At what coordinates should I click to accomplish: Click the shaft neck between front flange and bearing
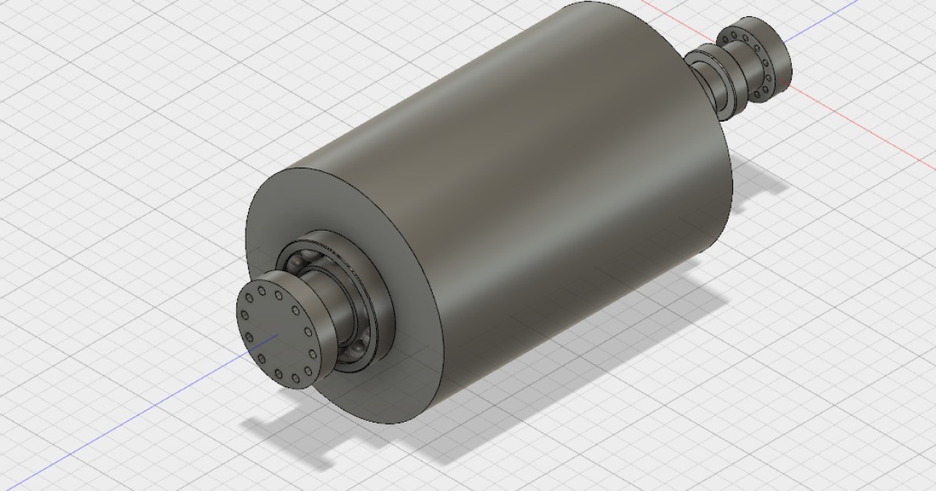coord(328,312)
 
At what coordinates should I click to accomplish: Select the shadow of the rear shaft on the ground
coord(760,183)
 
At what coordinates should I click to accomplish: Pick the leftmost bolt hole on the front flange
coord(243,316)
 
